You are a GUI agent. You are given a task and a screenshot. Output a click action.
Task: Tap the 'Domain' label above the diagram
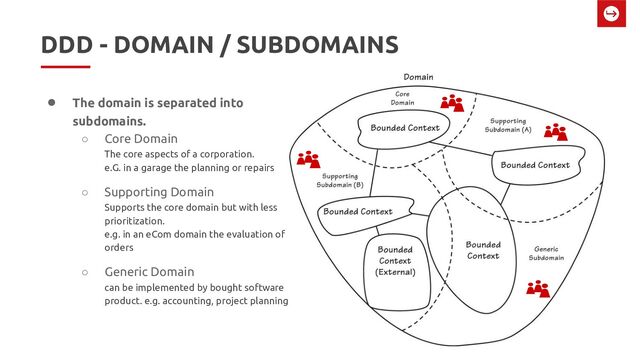tap(417, 77)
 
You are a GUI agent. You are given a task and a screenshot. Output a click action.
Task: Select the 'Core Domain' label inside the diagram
tap(403, 97)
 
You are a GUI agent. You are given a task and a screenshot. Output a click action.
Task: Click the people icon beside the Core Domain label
tap(453, 102)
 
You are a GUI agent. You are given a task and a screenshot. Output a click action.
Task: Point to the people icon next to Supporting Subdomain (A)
tap(555, 131)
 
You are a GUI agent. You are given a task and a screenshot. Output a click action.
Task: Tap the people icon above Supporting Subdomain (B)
tap(309, 159)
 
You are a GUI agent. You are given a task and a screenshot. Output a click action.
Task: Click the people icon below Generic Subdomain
tap(538, 288)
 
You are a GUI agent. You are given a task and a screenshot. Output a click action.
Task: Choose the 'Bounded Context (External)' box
tap(395, 259)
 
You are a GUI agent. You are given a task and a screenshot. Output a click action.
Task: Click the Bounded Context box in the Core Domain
tap(406, 129)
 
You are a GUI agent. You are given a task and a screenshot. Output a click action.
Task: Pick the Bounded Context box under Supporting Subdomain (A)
tap(535, 164)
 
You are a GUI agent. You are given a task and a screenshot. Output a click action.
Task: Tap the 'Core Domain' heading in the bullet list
tap(141, 138)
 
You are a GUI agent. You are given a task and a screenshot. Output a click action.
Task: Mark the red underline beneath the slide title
tap(65, 66)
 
